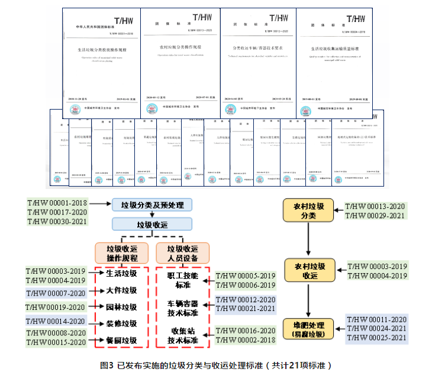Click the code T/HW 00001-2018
point(57,203)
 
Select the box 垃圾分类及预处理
point(153,205)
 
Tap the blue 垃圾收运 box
point(153,225)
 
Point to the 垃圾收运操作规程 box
point(121,253)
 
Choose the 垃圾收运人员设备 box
point(183,253)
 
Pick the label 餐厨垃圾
point(121,341)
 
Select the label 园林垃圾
point(121,307)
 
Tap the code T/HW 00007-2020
point(57,293)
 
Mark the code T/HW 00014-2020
point(57,322)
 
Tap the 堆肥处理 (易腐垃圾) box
point(308,329)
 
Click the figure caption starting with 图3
point(216,364)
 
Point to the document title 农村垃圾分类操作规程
point(180,46)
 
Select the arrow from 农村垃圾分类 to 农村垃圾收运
point(308,240)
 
